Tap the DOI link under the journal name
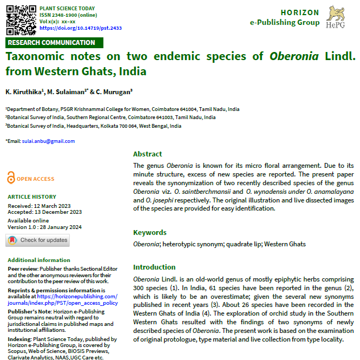pyautogui.click(x=81, y=28)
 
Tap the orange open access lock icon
pyautogui.click(x=11, y=178)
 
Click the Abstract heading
pyautogui.click(x=148, y=154)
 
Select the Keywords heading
pyautogui.click(x=150, y=233)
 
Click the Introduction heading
pyautogui.click(x=154, y=267)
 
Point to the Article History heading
pyautogui.click(x=31, y=197)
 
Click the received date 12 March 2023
pyautogui.click(x=54, y=206)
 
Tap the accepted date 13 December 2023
pyautogui.click(x=57, y=212)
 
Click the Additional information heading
pyautogui.click(x=39, y=260)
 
